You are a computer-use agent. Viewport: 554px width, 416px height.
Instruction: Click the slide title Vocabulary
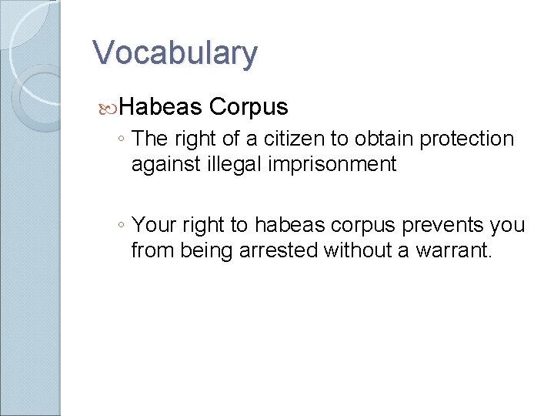coord(175,53)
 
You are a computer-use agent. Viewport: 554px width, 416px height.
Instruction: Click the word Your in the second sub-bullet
coord(154,225)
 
